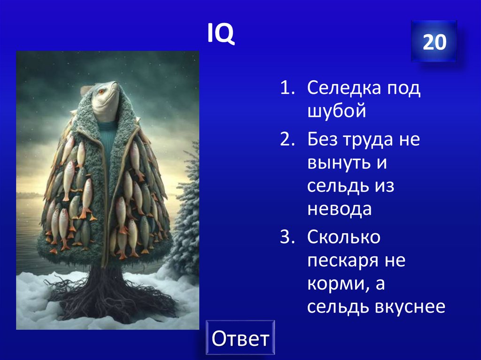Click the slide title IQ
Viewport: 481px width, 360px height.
tap(221, 35)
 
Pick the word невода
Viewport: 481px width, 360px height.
tap(340, 209)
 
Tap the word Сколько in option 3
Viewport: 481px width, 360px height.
tap(344, 237)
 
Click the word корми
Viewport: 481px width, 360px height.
tap(333, 284)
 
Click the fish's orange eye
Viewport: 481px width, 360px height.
tap(100, 90)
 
